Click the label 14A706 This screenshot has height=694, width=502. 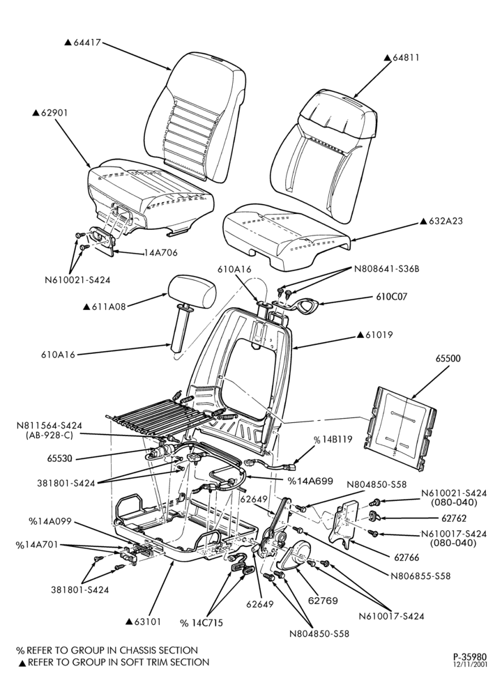[160, 253]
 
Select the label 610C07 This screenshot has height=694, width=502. [392, 297]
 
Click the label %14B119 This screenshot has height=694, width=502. [333, 440]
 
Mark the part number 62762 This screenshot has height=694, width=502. [454, 518]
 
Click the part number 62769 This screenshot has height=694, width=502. [323, 601]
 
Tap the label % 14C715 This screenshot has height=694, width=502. [201, 623]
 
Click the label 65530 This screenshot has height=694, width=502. [59, 459]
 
